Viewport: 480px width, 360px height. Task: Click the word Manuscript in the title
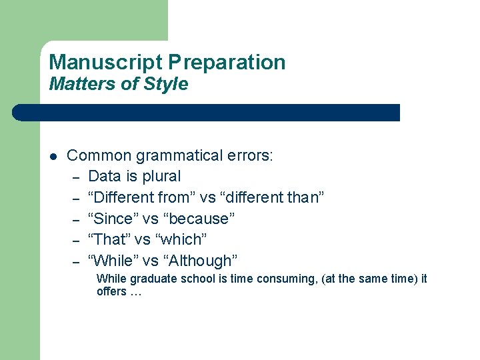106,63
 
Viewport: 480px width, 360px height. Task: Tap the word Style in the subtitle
169,85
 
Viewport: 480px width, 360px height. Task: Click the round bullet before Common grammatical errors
53,157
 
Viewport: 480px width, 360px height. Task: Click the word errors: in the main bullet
250,156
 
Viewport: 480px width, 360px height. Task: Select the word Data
103,177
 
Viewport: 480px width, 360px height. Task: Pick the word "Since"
113,219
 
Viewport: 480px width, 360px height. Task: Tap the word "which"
182,239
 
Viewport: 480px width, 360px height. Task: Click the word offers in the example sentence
111,292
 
